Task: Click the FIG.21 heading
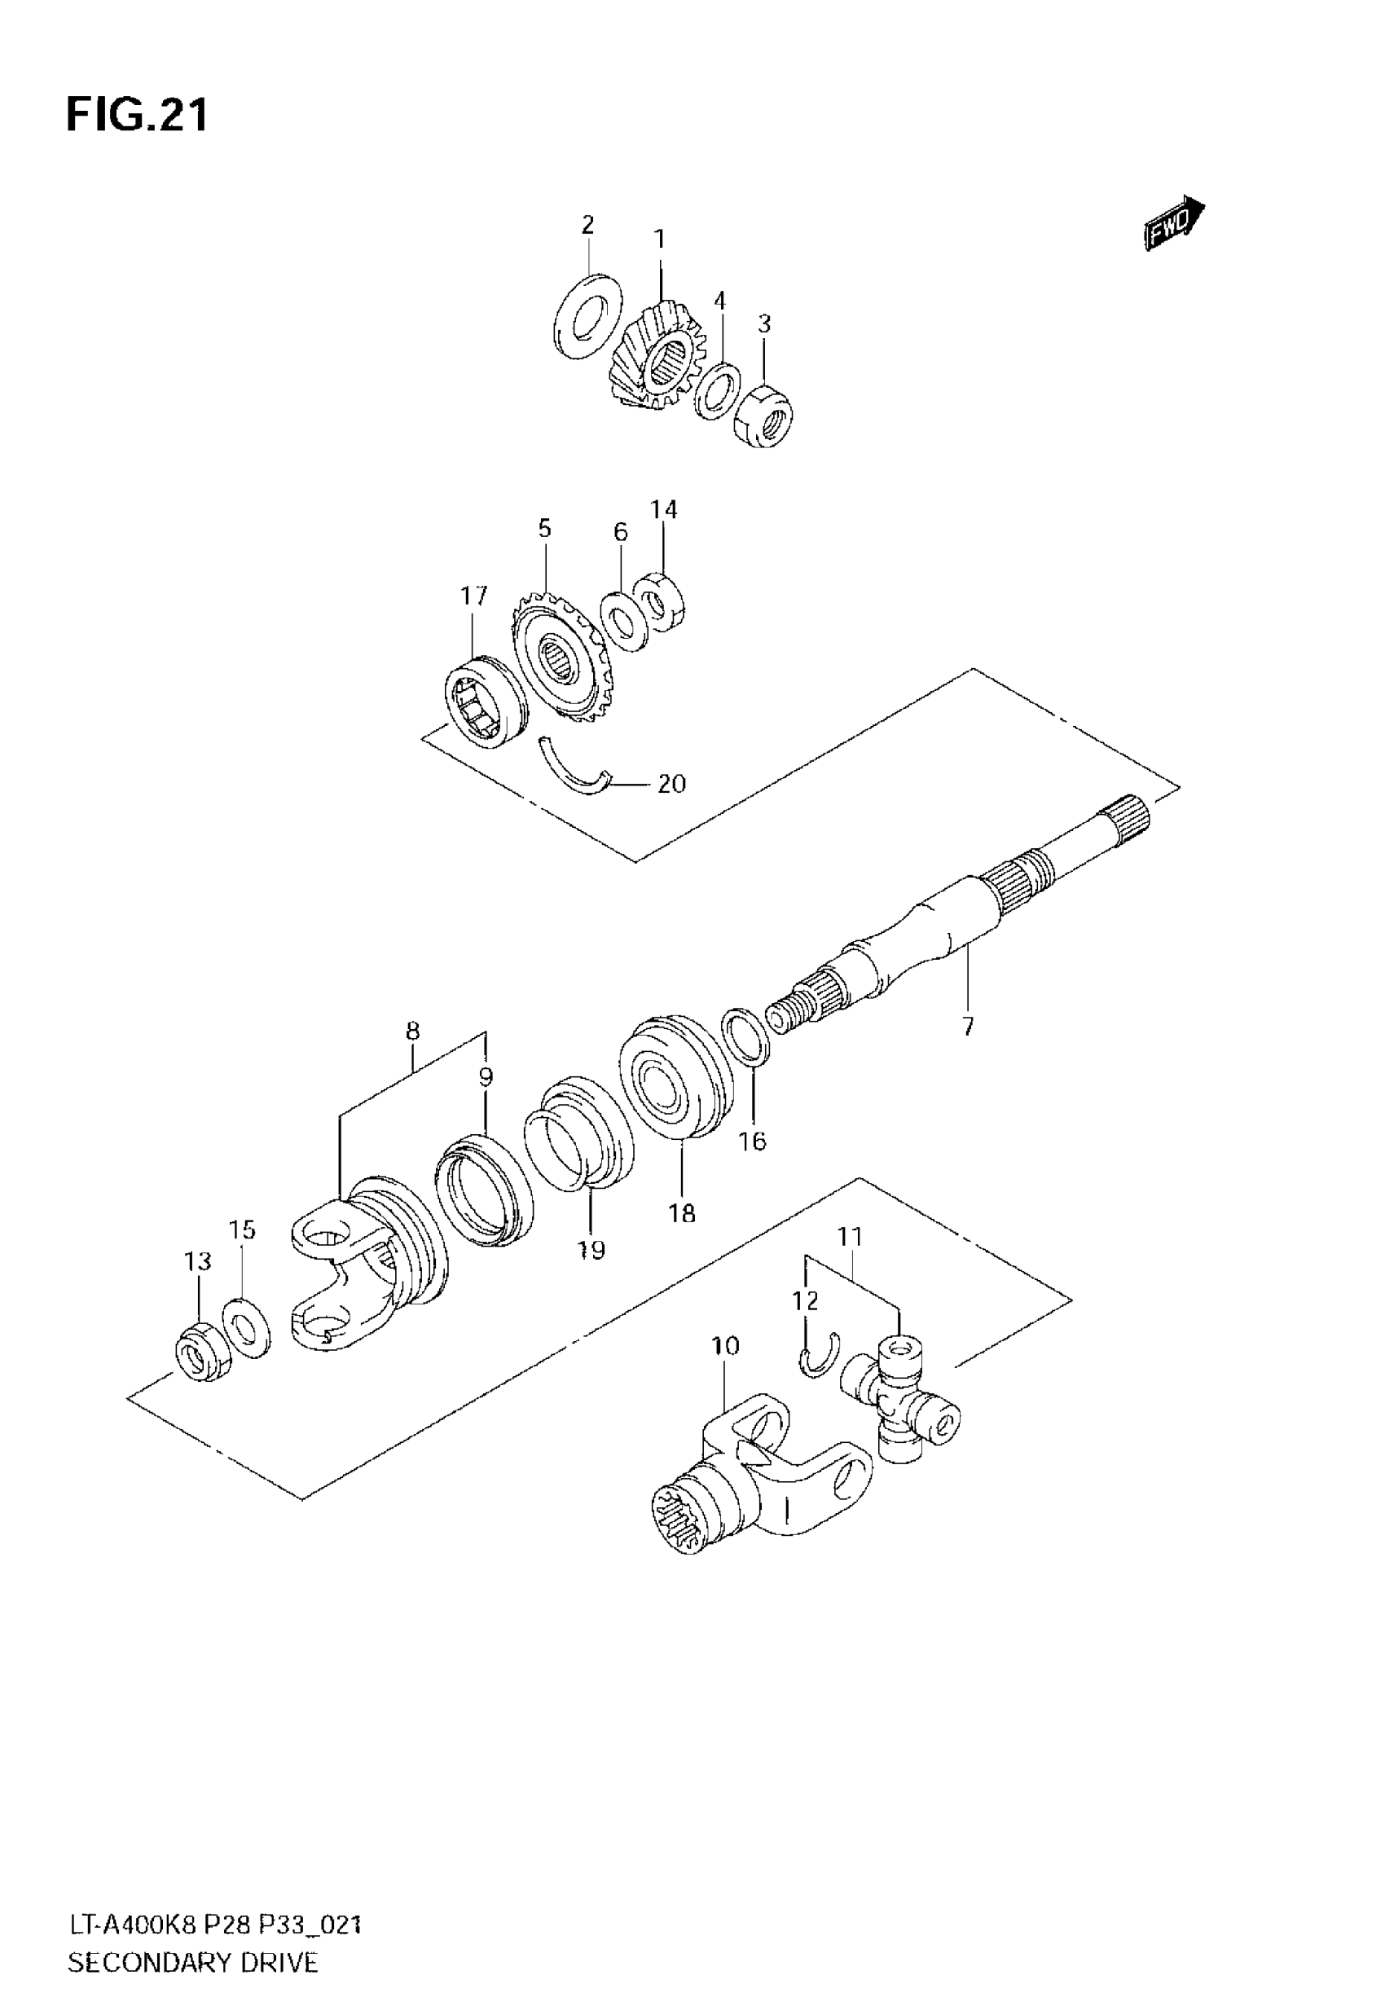tap(137, 116)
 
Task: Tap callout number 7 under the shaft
tap(968, 1027)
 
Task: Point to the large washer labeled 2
tap(587, 316)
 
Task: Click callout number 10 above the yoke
tap(725, 1346)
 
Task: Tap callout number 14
tap(664, 509)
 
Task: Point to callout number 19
tap(591, 1250)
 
